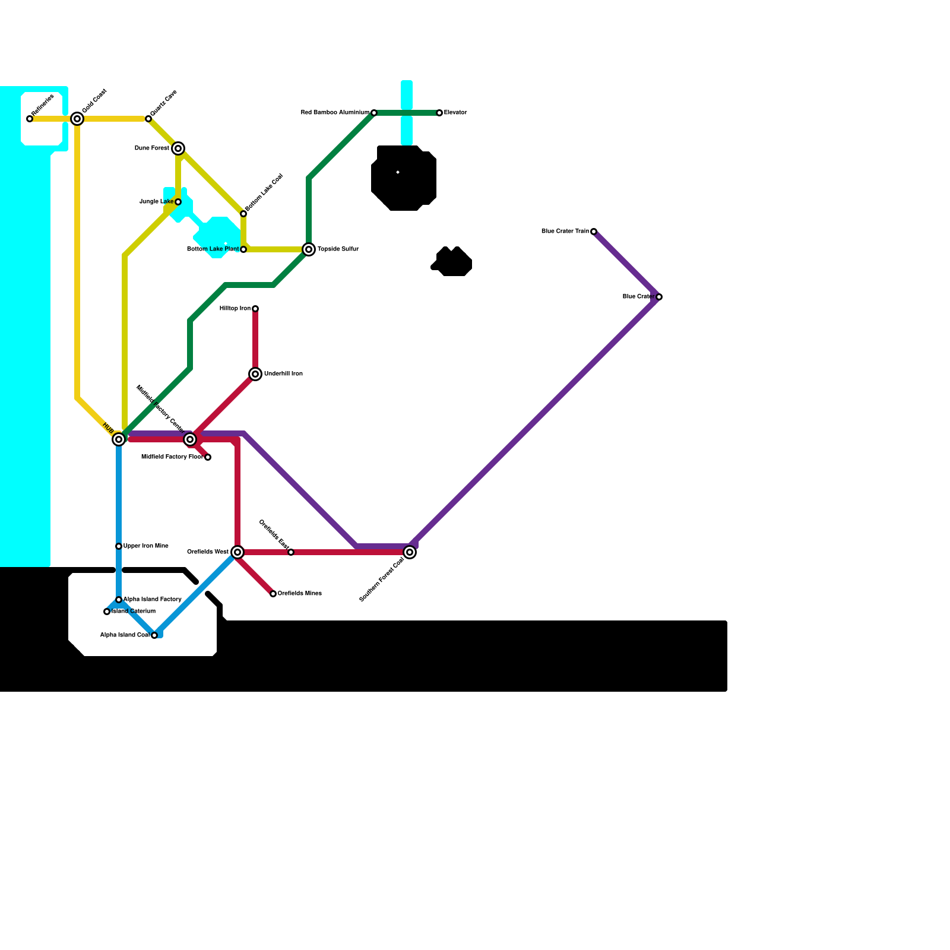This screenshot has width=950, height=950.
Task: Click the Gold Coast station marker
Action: pos(77,119)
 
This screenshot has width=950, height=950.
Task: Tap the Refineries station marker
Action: pos(30,119)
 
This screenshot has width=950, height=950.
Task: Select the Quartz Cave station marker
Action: pos(148,119)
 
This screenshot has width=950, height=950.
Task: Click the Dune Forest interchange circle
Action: pos(178,148)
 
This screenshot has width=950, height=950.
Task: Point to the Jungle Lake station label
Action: pos(156,202)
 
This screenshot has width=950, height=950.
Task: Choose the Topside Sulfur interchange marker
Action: pos(309,249)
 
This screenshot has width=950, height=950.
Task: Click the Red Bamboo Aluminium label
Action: pos(335,113)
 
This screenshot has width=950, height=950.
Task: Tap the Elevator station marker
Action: pos(439,113)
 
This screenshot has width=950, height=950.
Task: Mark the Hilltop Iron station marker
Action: pos(255,309)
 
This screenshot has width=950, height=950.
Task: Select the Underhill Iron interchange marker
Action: pos(255,374)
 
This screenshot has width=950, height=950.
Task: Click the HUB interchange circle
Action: pos(119,439)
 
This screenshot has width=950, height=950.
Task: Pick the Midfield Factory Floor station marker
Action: pos(208,457)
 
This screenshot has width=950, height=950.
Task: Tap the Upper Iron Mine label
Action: pos(145,546)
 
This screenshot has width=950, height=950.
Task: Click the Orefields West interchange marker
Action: pos(237,552)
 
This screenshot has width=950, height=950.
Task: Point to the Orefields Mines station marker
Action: pos(273,594)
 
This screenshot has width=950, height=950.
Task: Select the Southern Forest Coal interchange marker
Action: pos(410,552)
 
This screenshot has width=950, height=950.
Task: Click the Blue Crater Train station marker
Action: pos(594,232)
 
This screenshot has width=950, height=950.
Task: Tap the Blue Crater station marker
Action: pos(659,297)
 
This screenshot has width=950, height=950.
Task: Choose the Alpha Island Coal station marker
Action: pos(154,635)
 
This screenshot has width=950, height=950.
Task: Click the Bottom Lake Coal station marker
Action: pos(243,214)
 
